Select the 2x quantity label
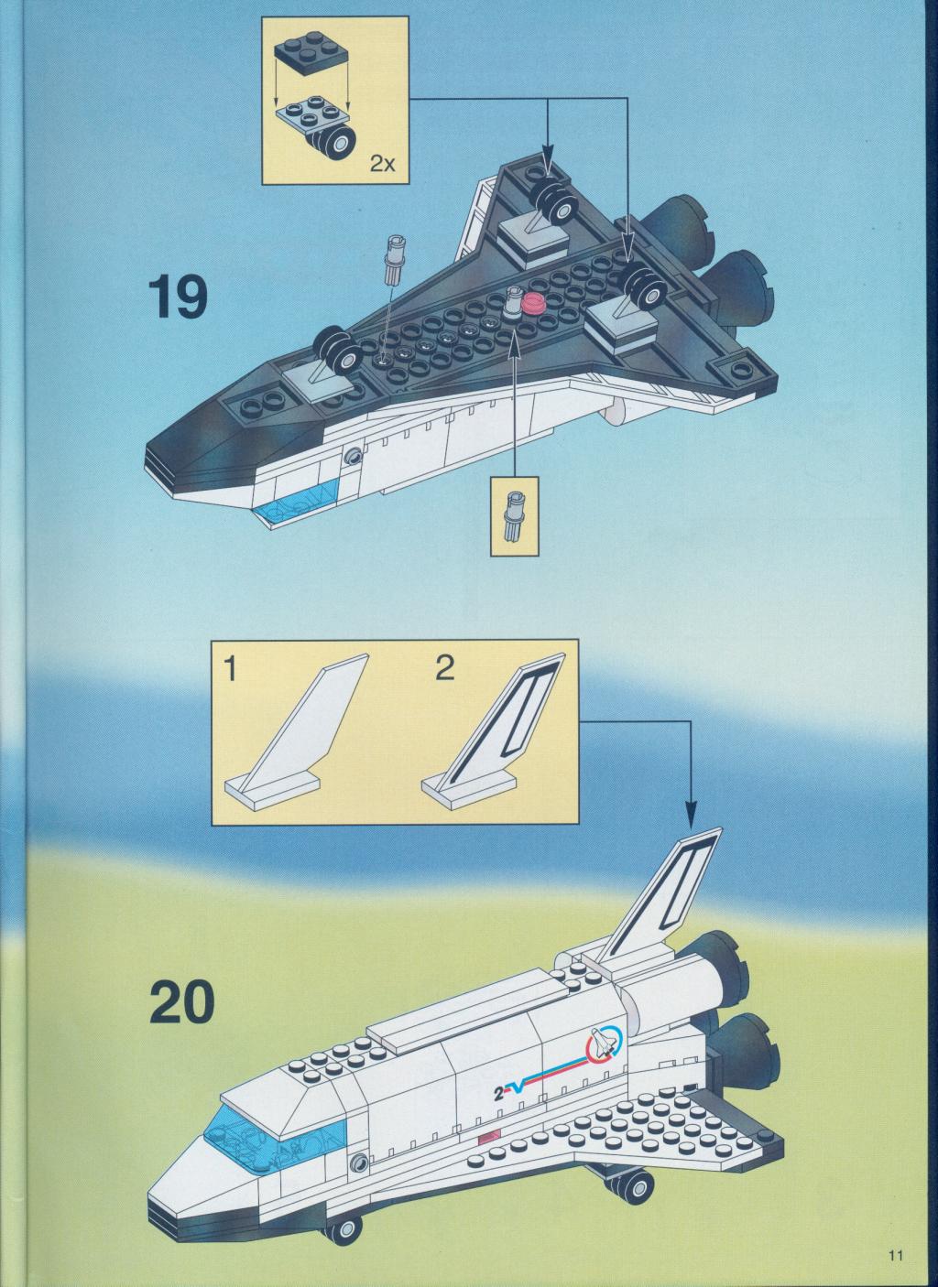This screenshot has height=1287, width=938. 383,165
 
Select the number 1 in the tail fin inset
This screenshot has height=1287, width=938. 231,670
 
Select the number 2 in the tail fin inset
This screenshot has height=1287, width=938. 444,669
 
